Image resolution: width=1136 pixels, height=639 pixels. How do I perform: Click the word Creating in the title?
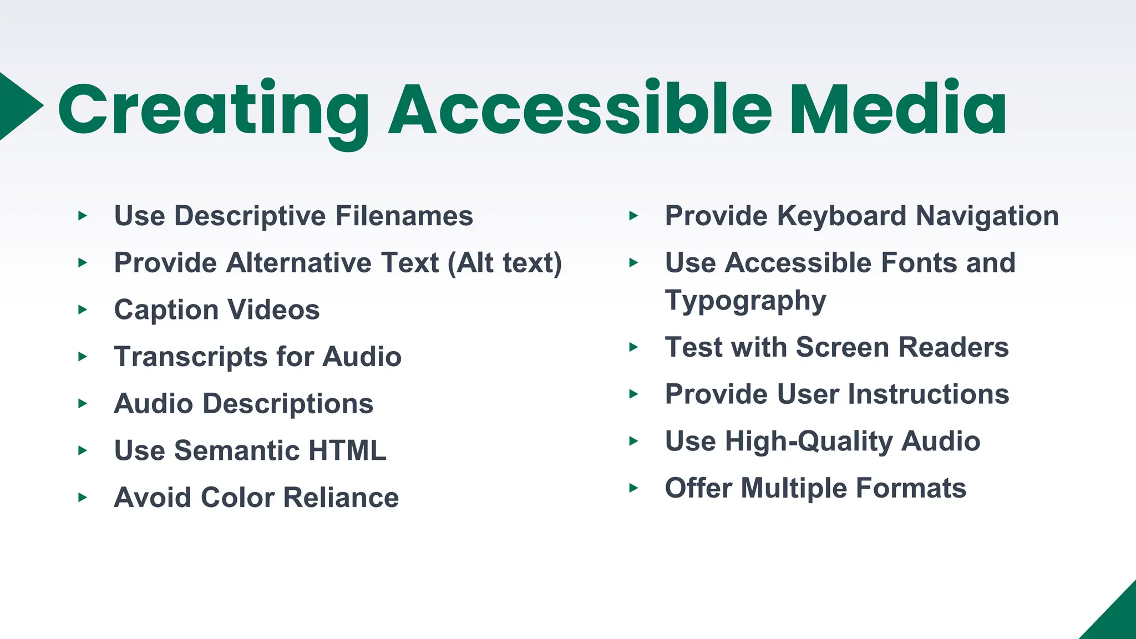[214, 109]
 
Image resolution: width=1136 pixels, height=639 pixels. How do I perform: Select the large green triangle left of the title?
[17, 105]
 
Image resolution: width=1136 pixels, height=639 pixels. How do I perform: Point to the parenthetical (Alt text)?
[505, 263]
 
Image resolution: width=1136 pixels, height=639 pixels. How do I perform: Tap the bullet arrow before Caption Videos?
[83, 310]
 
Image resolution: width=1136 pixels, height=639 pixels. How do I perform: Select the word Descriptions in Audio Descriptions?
[288, 404]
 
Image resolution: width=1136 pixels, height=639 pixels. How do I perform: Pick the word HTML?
[347, 450]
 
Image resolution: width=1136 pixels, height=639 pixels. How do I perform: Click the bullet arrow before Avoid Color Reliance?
[83, 498]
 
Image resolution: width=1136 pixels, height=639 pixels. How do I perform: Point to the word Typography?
[745, 301]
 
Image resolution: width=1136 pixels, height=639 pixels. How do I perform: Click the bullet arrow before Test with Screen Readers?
[633, 348]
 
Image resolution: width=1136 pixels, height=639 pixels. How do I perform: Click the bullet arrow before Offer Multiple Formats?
[633, 489]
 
